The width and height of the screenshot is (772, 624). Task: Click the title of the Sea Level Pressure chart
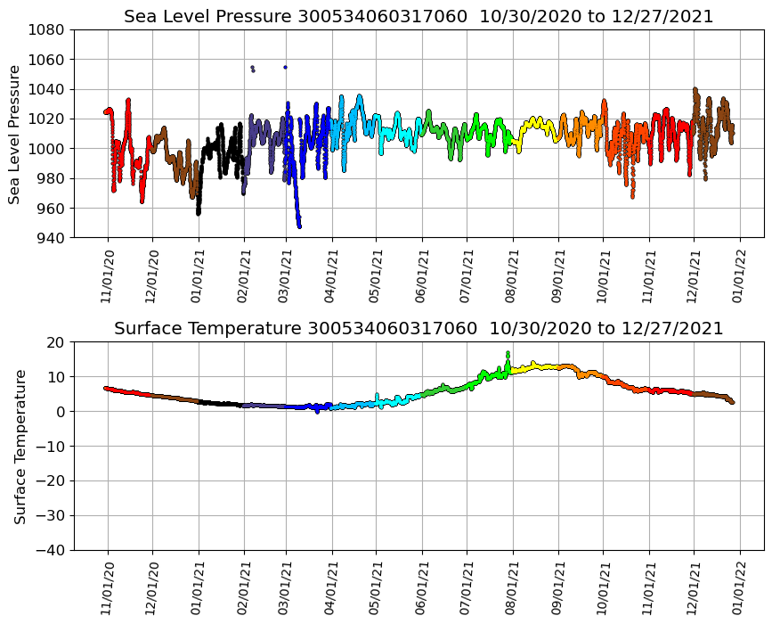(419, 17)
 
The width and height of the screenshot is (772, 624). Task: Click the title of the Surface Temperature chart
(419, 329)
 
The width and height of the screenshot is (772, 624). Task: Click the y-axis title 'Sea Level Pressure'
(15, 134)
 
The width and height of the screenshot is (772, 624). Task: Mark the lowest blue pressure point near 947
(299, 226)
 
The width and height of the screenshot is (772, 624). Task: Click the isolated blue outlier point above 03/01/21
(285, 67)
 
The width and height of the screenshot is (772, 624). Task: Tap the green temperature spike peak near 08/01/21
(508, 353)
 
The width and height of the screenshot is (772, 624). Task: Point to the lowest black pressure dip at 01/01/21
(198, 214)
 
